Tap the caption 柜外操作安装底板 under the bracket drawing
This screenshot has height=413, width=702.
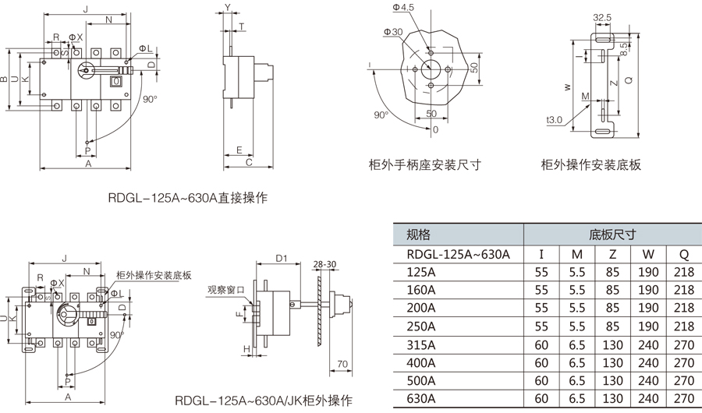pos(591,164)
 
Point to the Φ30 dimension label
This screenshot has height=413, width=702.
pos(393,32)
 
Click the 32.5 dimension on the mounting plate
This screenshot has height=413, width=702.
pos(601,16)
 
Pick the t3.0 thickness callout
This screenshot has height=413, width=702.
pos(555,120)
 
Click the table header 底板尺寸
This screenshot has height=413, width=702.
pos(612,235)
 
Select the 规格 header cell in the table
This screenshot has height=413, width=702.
pos(419,235)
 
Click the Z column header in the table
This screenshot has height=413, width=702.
pos(613,254)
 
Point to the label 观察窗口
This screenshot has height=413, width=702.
pos(226,289)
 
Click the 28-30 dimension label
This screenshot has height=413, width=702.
pos(326,264)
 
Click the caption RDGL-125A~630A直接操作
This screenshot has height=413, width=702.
pos(187,198)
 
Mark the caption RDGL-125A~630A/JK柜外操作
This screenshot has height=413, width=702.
pos(264,401)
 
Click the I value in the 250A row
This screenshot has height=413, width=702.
pos(541,326)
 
